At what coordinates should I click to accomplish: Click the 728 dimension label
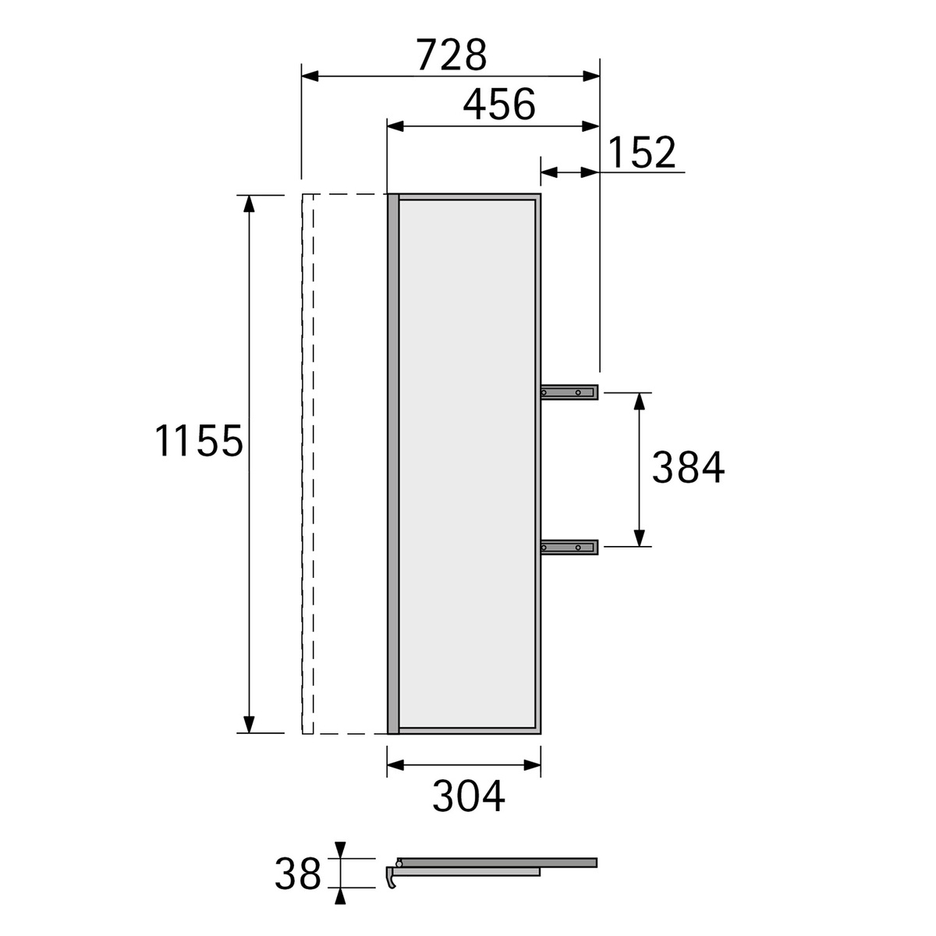click(452, 55)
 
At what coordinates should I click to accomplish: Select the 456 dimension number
click(499, 105)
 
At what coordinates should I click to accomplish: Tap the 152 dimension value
click(641, 152)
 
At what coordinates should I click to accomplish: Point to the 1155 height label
click(199, 440)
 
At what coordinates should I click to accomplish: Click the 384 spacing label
click(688, 467)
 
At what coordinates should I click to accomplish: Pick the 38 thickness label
click(298, 874)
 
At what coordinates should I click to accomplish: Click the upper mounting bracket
click(569, 392)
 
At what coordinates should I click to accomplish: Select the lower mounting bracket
click(569, 548)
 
